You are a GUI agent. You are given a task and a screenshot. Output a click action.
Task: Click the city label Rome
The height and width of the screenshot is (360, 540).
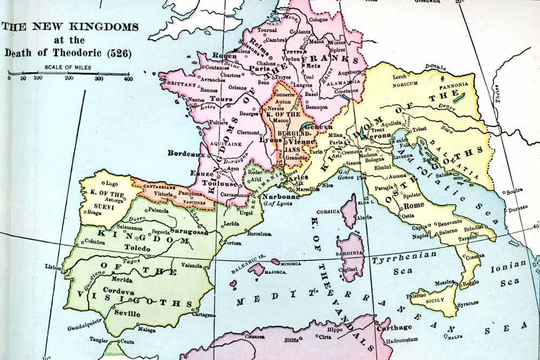[414, 206]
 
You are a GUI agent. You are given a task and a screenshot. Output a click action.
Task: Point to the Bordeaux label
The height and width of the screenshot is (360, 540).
[186, 153]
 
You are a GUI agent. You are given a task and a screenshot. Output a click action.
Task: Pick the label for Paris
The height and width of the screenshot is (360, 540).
[260, 69]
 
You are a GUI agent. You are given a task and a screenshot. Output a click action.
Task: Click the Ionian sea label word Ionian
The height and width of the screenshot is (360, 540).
[508, 264]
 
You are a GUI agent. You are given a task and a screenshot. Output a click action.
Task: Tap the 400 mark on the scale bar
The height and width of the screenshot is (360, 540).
[128, 79]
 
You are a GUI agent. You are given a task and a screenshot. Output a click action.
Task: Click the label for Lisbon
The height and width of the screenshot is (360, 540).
[53, 267]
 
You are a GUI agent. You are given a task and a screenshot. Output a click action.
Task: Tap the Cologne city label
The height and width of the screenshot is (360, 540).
[318, 19]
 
